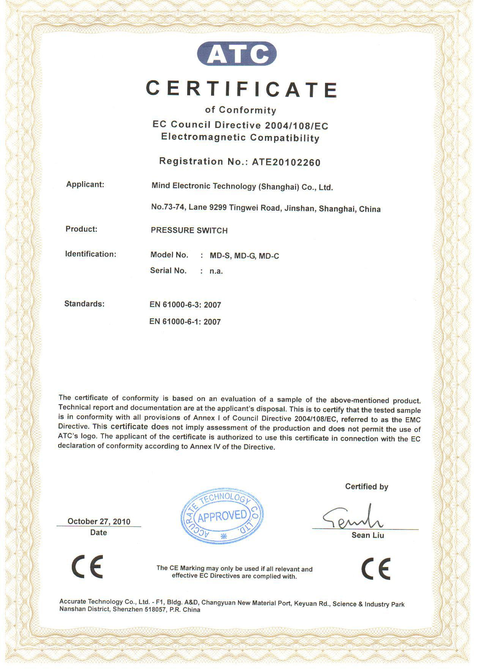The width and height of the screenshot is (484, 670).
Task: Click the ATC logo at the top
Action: [236, 54]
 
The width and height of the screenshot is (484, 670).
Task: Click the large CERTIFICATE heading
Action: [241, 88]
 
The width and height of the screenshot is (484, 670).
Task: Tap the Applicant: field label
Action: [85, 185]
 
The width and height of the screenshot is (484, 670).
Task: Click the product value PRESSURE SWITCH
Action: [189, 231]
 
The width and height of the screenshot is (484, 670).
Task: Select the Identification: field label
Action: [90, 254]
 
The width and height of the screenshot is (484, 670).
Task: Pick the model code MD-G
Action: [246, 256]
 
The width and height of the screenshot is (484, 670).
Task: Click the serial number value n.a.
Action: [216, 271]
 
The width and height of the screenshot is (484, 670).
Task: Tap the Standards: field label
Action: [84, 304]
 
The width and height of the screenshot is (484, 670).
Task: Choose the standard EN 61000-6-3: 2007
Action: [185, 305]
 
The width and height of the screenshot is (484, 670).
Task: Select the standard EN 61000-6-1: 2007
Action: [185, 322]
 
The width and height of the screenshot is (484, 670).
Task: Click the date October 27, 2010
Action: [99, 521]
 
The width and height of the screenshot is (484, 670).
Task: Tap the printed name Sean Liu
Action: [367, 536]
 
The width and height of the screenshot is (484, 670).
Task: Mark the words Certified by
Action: [366, 487]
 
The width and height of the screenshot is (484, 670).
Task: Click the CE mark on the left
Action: [87, 566]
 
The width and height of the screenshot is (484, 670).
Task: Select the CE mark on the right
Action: [375, 569]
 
